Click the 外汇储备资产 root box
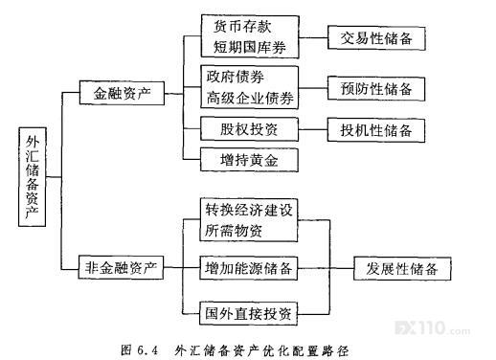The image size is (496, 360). (32, 177)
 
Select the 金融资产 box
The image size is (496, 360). (122, 93)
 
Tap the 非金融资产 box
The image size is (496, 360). (121, 267)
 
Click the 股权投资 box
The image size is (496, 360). (249, 129)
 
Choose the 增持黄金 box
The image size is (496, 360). (249, 160)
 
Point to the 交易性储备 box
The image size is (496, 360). (376, 38)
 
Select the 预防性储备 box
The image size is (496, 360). (376, 89)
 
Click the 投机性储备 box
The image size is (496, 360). (376, 130)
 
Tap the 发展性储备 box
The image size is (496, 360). (402, 269)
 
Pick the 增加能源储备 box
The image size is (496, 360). (249, 268)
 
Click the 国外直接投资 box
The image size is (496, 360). (249, 313)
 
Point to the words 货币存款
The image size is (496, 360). (242, 26)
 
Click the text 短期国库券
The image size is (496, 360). (249, 47)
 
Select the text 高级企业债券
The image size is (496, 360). (250, 98)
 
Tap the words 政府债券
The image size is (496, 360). (236, 77)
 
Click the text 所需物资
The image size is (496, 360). (234, 231)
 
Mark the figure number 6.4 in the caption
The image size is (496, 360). (147, 350)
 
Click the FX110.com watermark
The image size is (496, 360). (433, 327)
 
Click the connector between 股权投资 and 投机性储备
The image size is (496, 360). (313, 129)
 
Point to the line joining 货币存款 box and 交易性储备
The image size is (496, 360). (313, 37)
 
